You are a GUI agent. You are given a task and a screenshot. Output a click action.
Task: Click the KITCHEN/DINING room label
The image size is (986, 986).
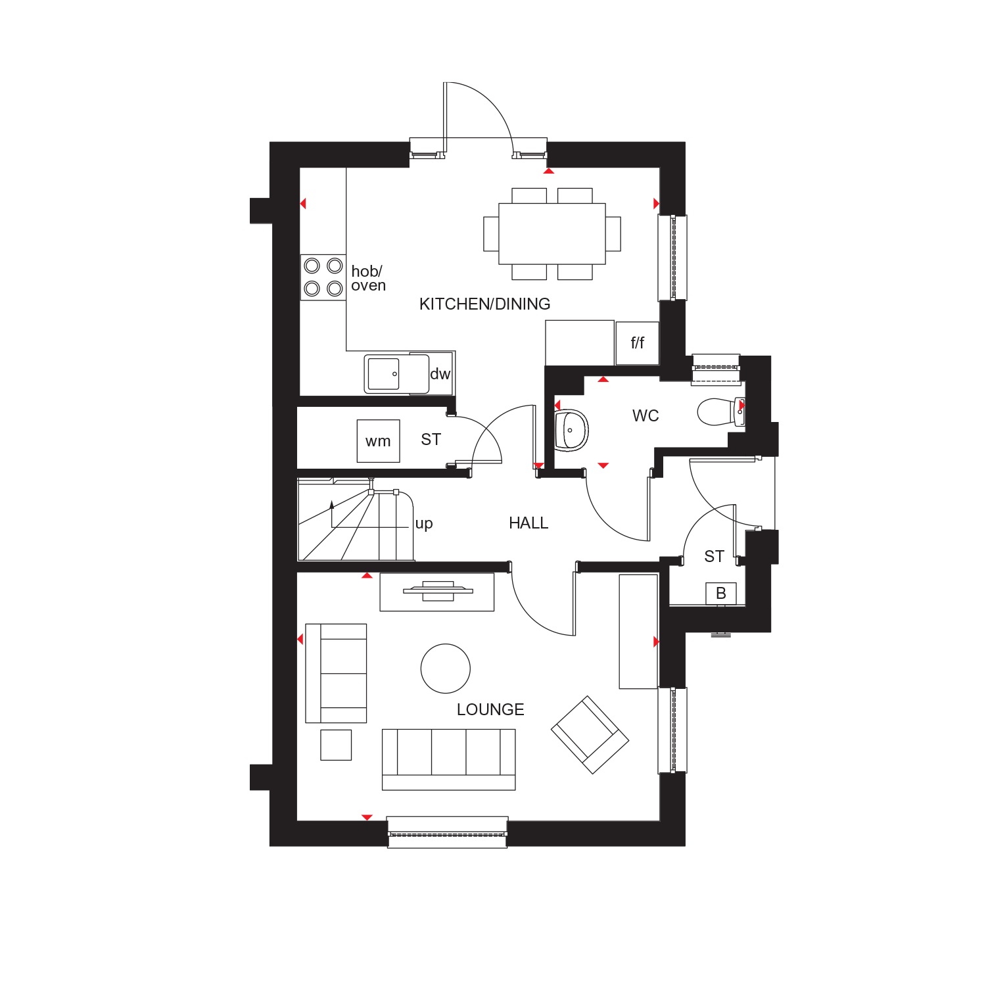(484, 304)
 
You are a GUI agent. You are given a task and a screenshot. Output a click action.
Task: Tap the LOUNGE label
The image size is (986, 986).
(490, 709)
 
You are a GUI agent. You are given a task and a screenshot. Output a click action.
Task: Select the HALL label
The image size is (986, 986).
(528, 523)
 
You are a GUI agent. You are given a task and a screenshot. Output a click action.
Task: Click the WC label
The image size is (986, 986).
(646, 415)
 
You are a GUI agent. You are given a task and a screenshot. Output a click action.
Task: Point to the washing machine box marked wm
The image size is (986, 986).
(378, 440)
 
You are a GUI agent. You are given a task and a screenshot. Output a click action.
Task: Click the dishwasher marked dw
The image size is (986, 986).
(440, 373)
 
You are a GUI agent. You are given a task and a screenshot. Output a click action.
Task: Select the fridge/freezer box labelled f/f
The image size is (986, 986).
(637, 342)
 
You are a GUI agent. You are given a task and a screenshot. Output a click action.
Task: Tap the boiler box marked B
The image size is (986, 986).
(721, 593)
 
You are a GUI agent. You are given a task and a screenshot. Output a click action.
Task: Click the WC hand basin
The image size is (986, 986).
(571, 431)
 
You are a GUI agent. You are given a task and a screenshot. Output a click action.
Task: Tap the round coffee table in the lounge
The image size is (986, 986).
(446, 669)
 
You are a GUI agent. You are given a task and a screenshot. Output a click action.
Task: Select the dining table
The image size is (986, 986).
(552, 233)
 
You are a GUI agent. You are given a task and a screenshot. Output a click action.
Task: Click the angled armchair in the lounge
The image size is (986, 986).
(590, 734)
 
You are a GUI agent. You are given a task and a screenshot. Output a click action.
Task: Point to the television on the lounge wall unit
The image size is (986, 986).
(437, 590)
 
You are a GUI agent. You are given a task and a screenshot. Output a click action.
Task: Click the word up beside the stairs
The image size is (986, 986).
(424, 524)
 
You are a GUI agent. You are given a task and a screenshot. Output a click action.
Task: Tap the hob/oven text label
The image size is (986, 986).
(368, 278)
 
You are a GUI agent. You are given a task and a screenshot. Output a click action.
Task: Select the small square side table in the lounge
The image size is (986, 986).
(336, 745)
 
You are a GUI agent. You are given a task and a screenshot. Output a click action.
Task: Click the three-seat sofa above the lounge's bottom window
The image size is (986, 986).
(448, 759)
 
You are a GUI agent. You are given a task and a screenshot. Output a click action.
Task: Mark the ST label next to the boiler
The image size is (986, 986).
(714, 556)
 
